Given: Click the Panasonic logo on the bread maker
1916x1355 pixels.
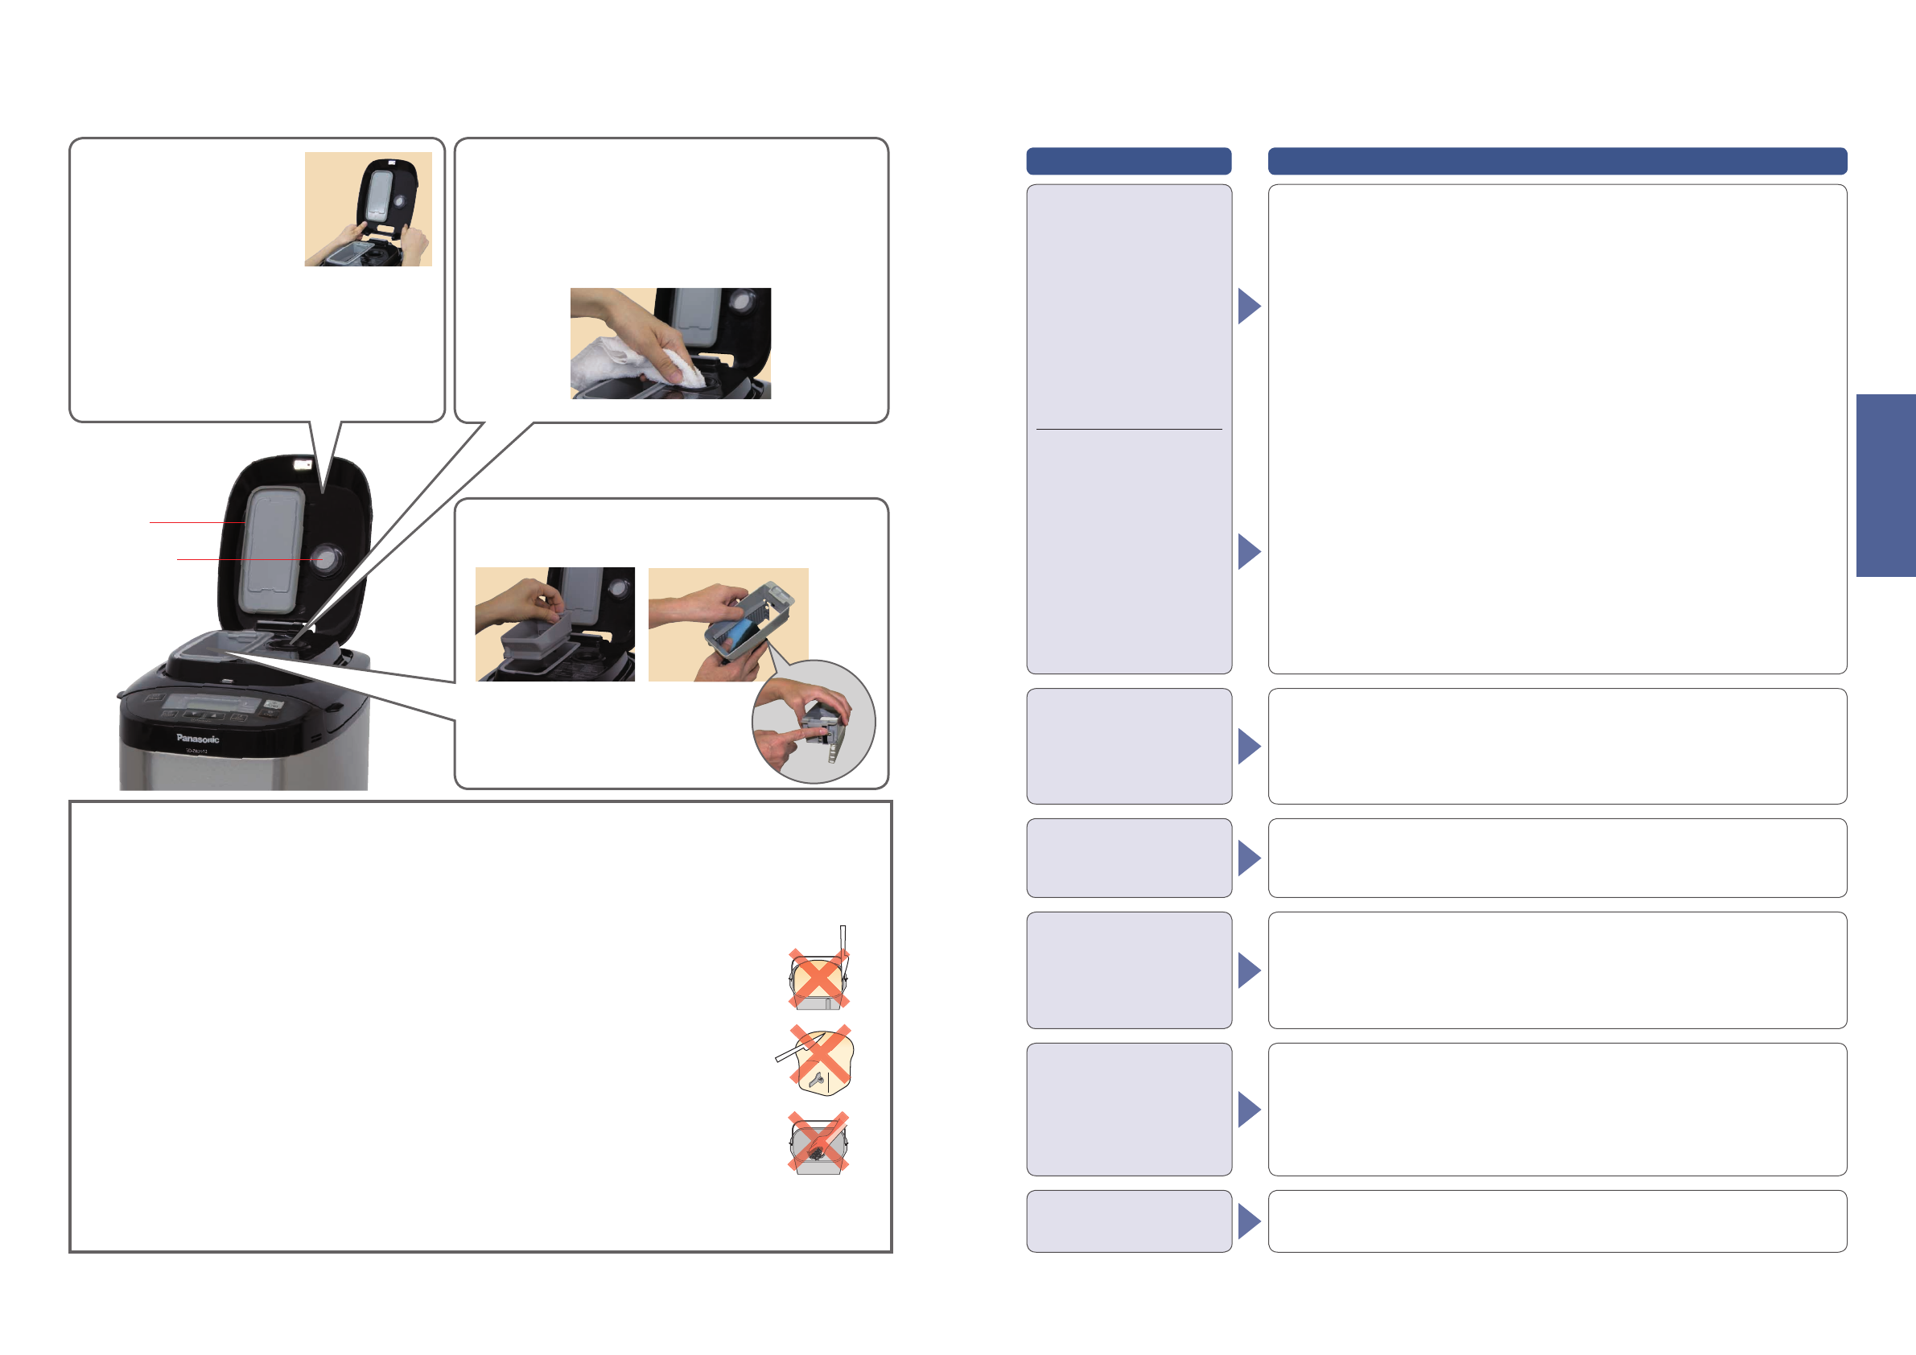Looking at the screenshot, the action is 198,739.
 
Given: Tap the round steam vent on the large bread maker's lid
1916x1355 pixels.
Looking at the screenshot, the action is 324,559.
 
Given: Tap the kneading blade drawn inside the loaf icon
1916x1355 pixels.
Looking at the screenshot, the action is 818,1081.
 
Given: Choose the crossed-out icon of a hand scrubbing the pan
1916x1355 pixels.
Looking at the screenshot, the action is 818,1143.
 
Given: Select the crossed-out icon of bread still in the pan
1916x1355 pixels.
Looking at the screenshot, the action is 818,977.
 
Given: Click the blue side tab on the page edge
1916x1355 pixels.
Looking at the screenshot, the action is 1885,486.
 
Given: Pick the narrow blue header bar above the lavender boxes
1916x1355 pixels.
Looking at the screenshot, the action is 1128,161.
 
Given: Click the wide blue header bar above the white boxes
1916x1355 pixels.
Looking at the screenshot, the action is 1557,161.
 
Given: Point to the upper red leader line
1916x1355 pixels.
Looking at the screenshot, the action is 197,522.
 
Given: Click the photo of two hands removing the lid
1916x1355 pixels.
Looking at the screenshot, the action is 368,209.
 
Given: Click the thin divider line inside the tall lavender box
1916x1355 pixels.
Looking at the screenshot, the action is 1128,430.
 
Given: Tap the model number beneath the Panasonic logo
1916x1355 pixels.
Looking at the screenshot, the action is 197,752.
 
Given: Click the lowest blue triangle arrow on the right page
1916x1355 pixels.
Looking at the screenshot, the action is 1248,1221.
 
